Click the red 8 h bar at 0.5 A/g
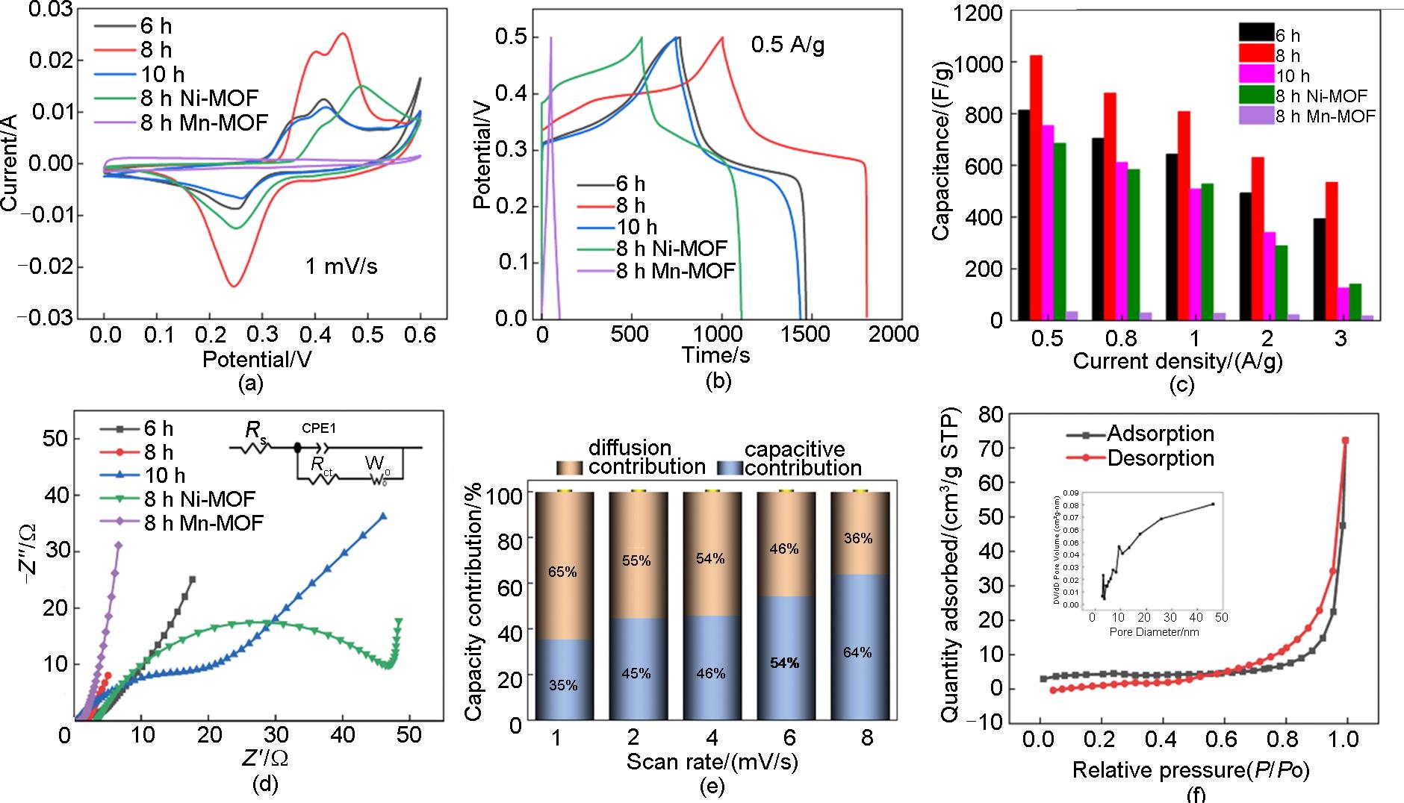1036,187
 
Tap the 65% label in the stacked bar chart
562,572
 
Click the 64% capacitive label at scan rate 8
857,652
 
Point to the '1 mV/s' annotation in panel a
341,266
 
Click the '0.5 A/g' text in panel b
788,46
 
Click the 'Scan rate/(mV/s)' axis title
712,763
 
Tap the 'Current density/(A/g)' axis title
1178,361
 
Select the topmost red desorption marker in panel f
1345,440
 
